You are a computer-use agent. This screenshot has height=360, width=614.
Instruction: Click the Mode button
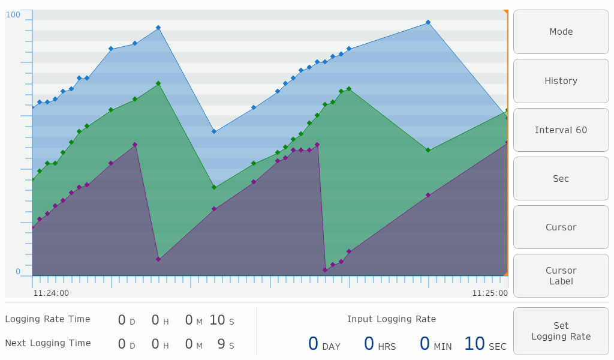561,32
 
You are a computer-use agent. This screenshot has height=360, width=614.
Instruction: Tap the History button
561,81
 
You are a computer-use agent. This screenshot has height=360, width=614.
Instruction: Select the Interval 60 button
561,130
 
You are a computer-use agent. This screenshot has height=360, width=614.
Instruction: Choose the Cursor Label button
561,276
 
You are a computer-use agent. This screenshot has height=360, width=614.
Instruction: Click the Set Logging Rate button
561,331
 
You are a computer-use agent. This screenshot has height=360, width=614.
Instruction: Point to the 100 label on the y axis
13,14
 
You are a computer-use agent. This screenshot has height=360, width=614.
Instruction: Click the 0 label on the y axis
18,271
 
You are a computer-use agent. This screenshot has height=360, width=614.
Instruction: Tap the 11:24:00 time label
51,293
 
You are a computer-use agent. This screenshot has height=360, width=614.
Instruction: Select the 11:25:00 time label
490,293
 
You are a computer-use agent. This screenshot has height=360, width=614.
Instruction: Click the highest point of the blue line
428,22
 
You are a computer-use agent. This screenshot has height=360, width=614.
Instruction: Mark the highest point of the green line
158,83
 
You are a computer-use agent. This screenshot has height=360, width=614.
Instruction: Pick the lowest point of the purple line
325,270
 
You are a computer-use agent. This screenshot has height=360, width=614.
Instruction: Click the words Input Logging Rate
392,319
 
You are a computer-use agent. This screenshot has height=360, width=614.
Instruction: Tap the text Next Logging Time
48,343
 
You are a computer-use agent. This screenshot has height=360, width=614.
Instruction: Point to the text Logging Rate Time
48,319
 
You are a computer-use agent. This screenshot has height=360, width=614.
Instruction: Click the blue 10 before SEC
474,344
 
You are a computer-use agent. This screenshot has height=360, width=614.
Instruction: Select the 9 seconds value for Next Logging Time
221,344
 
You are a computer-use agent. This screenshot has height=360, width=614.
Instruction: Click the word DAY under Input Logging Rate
332,347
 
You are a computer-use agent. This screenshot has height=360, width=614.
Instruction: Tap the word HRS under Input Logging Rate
387,347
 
